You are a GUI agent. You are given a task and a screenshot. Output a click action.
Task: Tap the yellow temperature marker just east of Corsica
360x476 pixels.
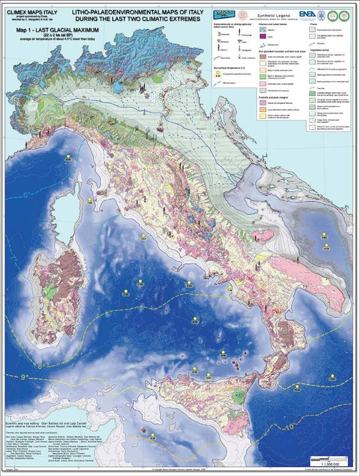point(90,200)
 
